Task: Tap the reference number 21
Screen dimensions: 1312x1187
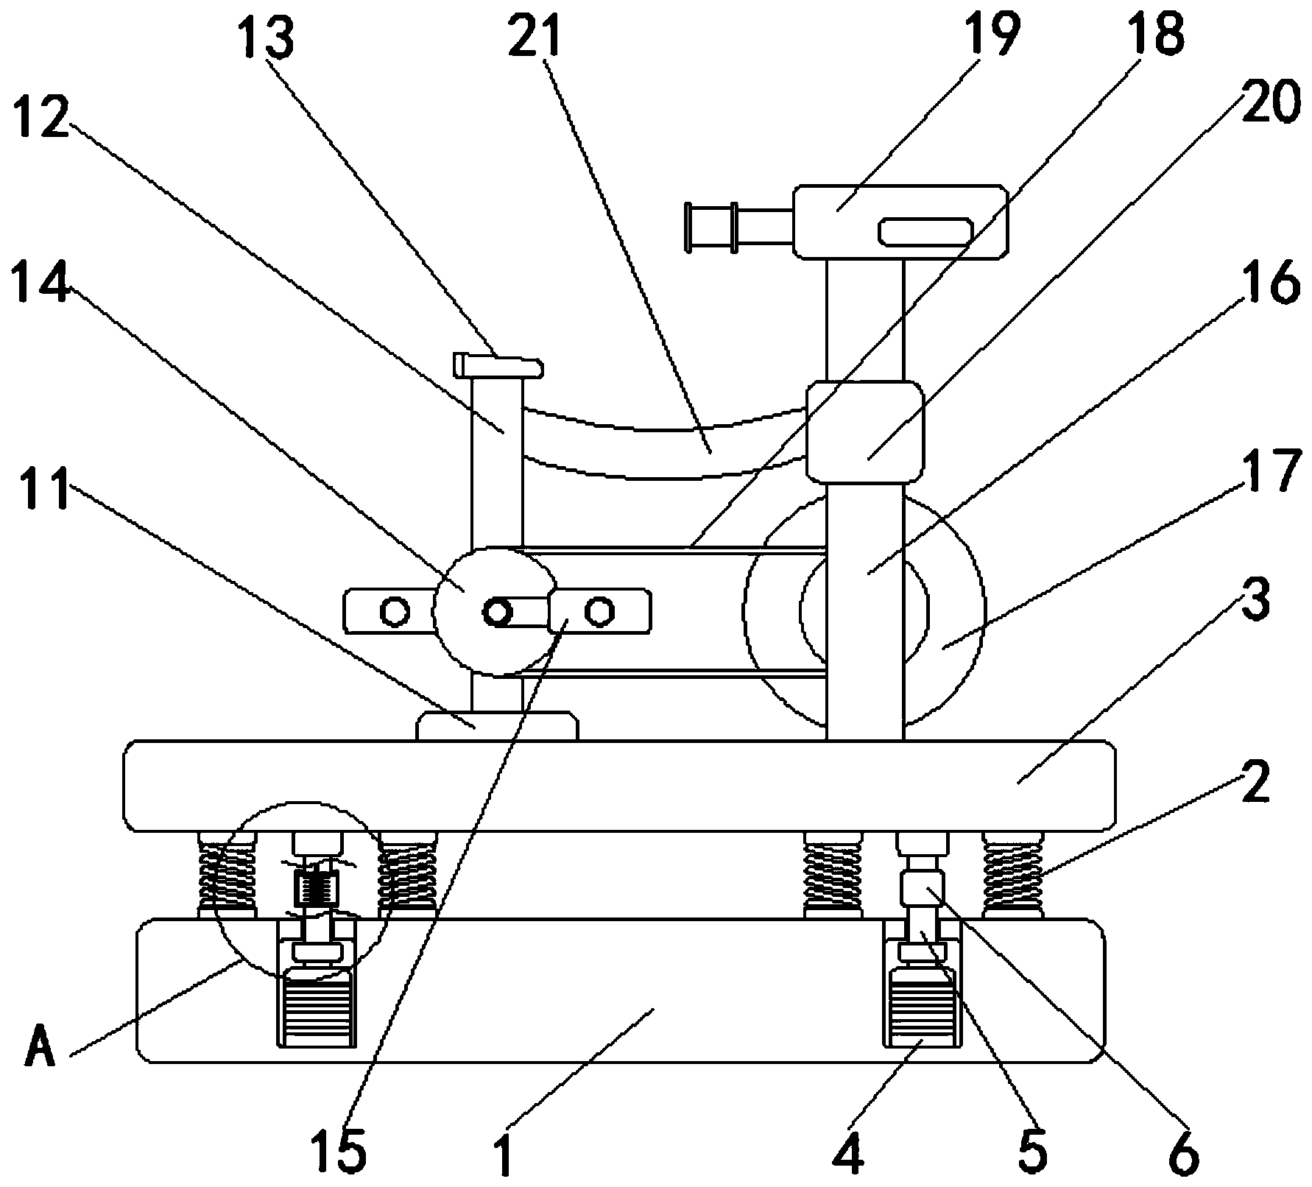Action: pos(535,34)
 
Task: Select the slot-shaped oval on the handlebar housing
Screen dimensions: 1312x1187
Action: pos(924,230)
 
